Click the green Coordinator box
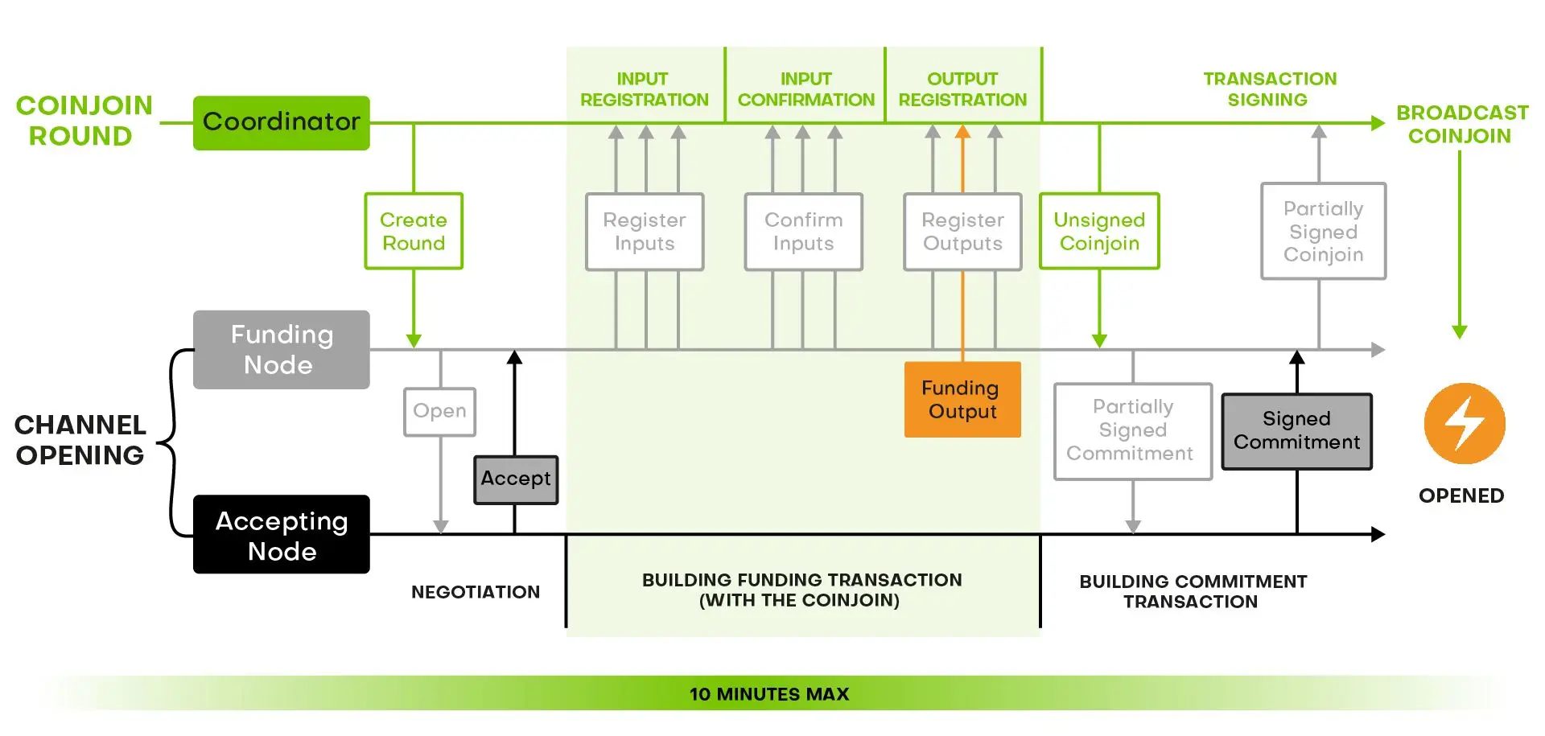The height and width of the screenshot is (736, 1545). [x=281, y=122]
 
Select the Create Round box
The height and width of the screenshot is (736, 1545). [x=414, y=231]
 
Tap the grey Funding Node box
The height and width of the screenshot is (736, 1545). [x=281, y=350]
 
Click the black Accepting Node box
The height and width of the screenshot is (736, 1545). [x=281, y=535]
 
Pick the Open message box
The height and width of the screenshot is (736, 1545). [x=439, y=411]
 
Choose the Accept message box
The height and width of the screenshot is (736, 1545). [x=516, y=479]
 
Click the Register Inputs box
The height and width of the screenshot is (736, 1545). [x=645, y=232]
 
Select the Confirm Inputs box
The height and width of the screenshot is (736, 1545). [x=803, y=232]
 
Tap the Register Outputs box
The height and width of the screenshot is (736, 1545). [x=962, y=232]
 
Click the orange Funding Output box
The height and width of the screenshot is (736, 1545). [x=962, y=400]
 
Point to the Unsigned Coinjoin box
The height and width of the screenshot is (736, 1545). [x=1099, y=232]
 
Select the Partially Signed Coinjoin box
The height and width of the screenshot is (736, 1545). [x=1323, y=232]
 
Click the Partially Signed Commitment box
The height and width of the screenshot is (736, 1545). [x=1132, y=431]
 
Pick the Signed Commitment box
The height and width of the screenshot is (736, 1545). [x=1296, y=431]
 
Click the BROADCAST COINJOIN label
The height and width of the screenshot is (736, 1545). [x=1461, y=124]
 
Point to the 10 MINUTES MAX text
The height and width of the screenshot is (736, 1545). [x=769, y=694]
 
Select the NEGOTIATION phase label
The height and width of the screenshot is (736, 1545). [x=476, y=592]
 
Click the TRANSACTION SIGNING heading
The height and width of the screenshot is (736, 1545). [x=1269, y=89]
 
